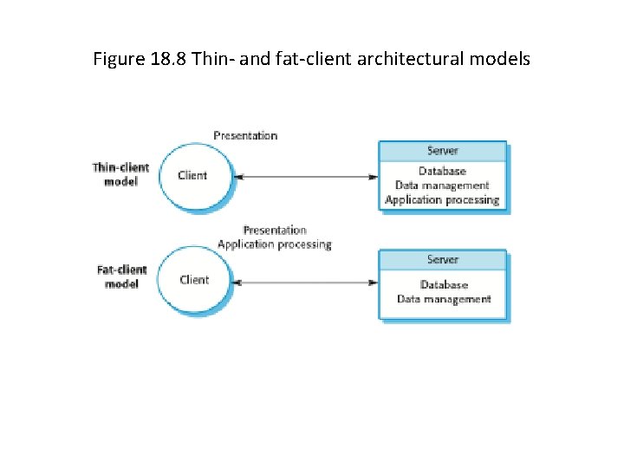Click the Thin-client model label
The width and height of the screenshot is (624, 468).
point(121,174)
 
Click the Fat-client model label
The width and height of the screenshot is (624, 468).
point(122,276)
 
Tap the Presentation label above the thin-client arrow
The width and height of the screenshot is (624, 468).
point(245,136)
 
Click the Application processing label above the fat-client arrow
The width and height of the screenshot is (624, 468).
point(274,244)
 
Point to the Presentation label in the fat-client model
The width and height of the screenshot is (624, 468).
point(275,231)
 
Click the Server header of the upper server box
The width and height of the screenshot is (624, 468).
point(442,151)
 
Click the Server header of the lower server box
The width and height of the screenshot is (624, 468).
point(442,260)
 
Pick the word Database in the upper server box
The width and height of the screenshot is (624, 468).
point(442,172)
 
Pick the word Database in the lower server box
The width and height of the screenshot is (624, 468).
point(444,284)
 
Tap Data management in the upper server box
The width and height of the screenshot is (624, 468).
point(442,185)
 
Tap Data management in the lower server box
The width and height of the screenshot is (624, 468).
point(444,299)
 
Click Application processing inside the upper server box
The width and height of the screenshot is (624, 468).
point(442,200)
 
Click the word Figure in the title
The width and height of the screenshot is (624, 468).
point(117,60)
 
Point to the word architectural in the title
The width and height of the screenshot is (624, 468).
point(393,60)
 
